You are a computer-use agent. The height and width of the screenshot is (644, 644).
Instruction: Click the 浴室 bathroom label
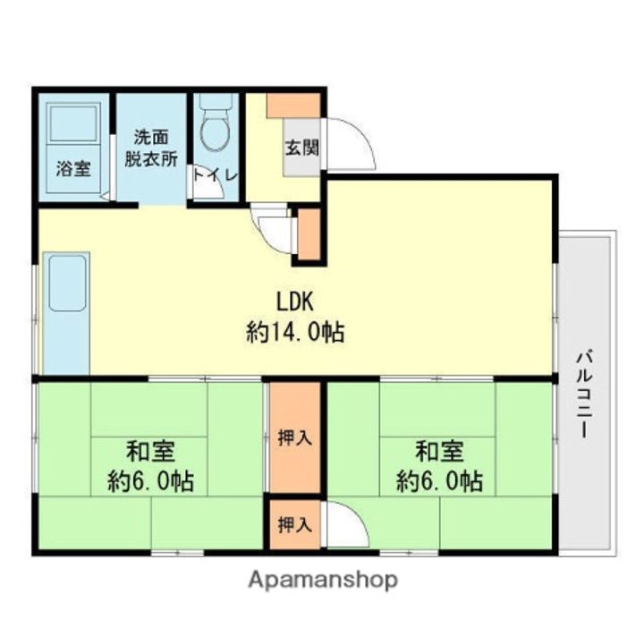point(73,168)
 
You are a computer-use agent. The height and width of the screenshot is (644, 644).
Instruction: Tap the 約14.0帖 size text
point(295,333)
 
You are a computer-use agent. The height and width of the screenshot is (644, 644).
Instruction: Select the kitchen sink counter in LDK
point(65,313)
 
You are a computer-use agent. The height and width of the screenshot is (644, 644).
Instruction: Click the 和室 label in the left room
point(149,450)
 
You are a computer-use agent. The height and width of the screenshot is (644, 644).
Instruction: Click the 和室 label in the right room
point(438,450)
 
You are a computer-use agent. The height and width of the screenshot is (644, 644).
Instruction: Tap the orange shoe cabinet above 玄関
point(294,105)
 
